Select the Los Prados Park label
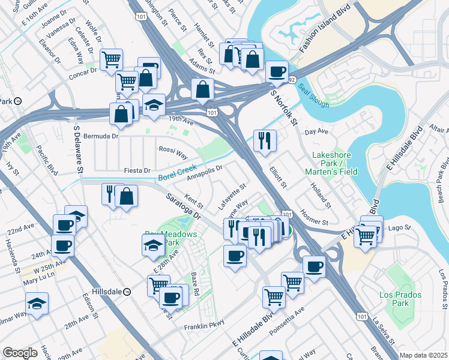pyautogui.click(x=400, y=299)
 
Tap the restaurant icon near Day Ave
pyautogui.click(x=265, y=141)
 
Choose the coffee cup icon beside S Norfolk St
pyautogui.click(x=276, y=73)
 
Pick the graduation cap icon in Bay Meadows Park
pyautogui.click(x=153, y=245)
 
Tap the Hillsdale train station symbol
pyautogui.click(x=127, y=292)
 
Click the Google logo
pyautogui.click(x=20, y=352)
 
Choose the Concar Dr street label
pyautogui.click(x=83, y=71)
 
